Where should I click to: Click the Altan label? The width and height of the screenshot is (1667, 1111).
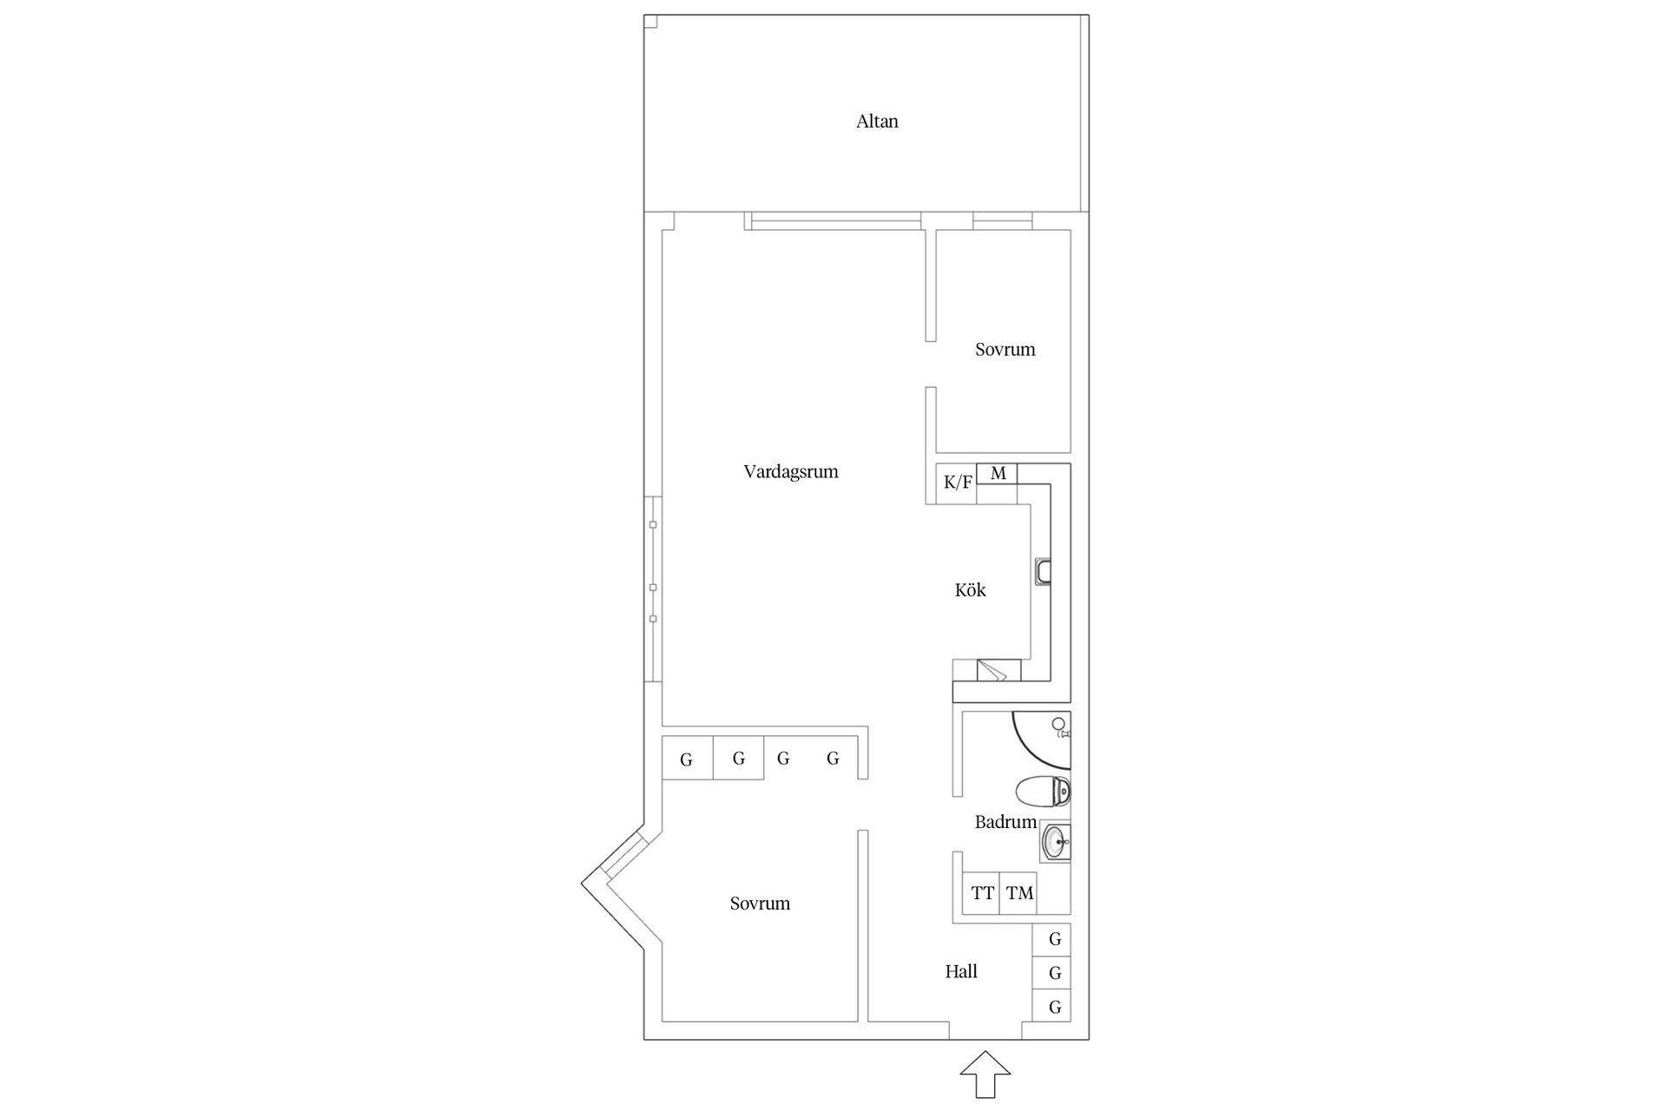tap(877, 122)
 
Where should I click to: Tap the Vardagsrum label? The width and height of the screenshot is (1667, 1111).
tap(790, 472)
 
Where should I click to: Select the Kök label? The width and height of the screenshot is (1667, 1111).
tap(970, 590)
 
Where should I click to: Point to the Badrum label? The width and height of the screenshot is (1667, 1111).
tap(1005, 822)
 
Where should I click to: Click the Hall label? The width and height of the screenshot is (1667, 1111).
tap(961, 972)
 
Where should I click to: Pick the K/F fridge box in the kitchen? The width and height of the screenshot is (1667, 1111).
tap(957, 483)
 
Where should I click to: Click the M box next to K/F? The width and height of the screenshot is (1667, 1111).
tap(998, 474)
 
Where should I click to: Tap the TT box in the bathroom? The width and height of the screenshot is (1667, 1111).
tap(982, 893)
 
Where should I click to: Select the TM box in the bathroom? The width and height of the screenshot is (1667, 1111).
tap(1019, 893)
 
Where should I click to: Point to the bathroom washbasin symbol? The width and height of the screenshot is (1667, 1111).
tap(1056, 841)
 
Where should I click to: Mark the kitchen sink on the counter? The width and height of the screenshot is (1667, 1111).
tap(1043, 570)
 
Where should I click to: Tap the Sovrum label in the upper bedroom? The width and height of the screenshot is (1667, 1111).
tap(1005, 350)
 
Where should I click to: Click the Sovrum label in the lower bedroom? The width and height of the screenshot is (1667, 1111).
tap(760, 904)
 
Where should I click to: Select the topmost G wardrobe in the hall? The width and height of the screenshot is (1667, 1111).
tap(1055, 939)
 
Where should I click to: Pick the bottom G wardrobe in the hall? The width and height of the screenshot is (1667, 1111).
tap(1055, 1007)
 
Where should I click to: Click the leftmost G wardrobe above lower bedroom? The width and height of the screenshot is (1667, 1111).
tap(687, 759)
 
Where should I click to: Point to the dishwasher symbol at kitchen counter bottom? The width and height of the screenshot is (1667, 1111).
tap(992, 671)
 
